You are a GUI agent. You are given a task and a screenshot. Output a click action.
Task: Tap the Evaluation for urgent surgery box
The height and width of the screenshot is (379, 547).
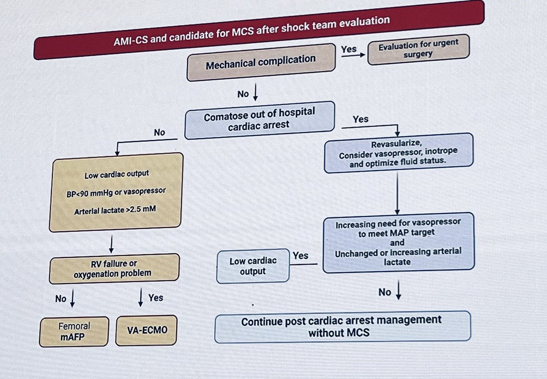point(418,50)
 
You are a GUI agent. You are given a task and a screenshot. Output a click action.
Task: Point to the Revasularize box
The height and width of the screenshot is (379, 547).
point(398,153)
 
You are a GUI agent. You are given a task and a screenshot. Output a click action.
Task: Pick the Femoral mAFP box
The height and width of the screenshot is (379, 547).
point(74,331)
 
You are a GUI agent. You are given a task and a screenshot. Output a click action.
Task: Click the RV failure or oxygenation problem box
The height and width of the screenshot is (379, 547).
point(114,268)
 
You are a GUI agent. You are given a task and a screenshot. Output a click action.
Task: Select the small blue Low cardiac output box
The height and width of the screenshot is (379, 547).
point(253,266)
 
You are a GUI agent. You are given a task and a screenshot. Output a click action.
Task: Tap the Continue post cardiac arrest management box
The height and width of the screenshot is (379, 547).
point(342,326)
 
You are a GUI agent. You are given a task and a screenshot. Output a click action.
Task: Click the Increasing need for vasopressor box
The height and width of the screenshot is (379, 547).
point(398,243)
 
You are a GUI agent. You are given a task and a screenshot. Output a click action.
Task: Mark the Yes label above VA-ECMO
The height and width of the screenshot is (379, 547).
point(155,298)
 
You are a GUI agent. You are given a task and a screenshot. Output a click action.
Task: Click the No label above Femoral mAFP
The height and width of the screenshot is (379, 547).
point(61,299)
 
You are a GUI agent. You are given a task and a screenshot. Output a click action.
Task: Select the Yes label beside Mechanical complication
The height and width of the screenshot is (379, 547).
point(349,49)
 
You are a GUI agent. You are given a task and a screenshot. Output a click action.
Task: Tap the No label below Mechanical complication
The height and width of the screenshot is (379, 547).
point(243,94)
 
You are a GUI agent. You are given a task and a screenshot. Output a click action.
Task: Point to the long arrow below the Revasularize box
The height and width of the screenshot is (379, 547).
point(397,194)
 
